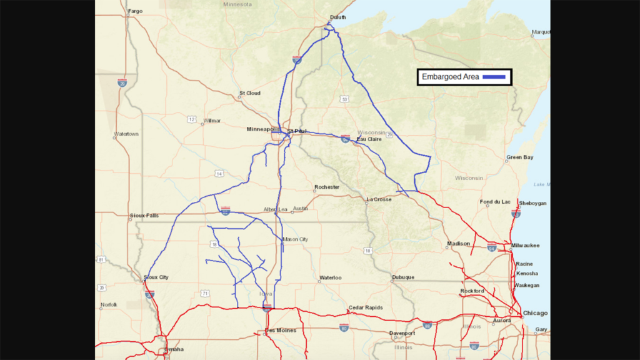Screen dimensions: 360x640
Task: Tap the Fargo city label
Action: point(134,11)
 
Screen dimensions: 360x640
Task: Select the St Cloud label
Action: point(249,94)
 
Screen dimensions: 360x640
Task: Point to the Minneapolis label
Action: point(263,129)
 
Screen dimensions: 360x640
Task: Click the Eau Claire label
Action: point(369,139)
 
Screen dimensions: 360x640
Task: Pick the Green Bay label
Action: point(519,157)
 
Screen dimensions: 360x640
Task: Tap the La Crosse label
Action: point(379,199)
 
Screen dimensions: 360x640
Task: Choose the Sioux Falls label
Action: point(144,216)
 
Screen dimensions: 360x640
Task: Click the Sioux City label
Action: point(156,277)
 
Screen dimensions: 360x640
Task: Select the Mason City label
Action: point(296,239)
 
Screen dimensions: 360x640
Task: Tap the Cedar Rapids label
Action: point(366,308)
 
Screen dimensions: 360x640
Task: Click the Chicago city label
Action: point(535,313)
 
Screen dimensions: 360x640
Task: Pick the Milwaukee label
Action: point(525,245)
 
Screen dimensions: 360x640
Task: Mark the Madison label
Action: point(458,244)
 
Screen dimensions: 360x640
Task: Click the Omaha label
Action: point(174,349)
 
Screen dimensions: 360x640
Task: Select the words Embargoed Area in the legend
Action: point(450,76)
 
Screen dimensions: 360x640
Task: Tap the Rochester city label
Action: point(327,187)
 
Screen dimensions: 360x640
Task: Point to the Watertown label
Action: point(126,134)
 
